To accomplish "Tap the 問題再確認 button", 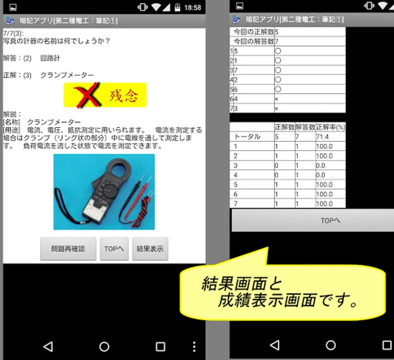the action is point(68,249).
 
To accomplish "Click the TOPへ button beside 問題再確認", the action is point(114,249).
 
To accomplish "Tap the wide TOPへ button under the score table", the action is point(313,220).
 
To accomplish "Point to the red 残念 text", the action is point(124,96).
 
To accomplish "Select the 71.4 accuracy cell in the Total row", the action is point(322,137).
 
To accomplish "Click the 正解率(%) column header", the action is point(330,127).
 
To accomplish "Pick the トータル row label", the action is point(247,137).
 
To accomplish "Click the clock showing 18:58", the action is point(192,8).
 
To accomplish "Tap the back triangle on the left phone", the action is point(48,347).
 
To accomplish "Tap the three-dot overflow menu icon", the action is point(194,347).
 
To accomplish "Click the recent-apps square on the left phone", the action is point(160,347).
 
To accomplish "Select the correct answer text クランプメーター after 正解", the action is point(67,75).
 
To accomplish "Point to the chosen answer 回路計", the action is point(50,58).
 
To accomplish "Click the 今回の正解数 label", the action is point(254,32).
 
